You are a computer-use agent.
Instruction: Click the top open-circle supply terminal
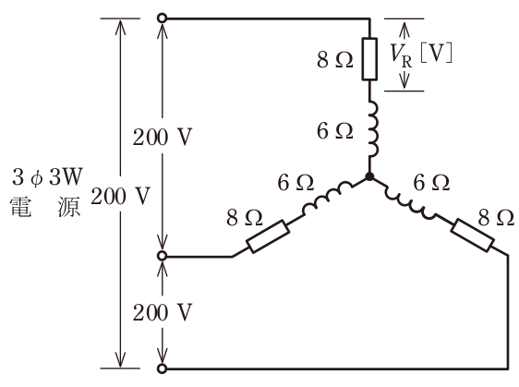point(162,18)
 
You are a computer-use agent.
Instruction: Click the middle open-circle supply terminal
point(162,256)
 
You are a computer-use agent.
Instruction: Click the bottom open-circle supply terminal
point(162,369)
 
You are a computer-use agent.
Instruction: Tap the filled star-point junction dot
point(369,176)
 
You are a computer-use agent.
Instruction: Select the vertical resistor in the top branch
point(369,59)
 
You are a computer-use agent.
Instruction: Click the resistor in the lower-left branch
point(269,236)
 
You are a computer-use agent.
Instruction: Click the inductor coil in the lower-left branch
point(327,198)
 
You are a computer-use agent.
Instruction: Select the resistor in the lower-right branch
point(472,235)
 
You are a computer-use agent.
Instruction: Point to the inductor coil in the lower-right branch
point(410,201)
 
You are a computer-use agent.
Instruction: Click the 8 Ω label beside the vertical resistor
point(335,60)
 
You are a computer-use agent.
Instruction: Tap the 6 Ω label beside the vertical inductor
point(335,131)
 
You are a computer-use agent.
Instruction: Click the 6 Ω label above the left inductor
point(296,183)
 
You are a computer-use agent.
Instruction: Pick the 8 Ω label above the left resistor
point(245,218)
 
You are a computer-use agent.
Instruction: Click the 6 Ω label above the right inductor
point(431,183)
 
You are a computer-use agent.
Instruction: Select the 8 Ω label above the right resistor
point(496,218)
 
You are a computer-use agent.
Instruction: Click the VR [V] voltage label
point(421,54)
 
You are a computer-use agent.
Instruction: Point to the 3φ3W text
point(47,177)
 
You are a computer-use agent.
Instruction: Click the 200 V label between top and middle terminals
point(163,137)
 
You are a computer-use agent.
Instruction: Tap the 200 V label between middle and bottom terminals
point(163,312)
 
